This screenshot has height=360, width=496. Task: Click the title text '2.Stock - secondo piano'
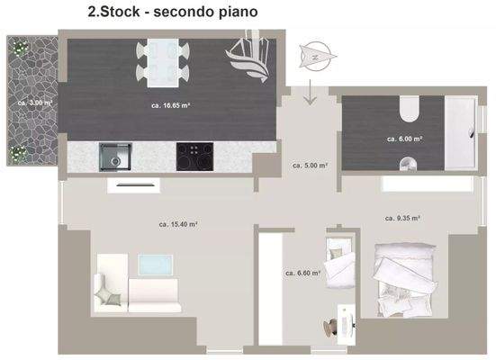point(172,13)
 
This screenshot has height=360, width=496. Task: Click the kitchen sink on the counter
point(115,157)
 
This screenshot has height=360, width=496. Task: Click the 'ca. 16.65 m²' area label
point(170,105)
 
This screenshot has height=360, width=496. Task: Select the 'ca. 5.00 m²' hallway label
point(310,166)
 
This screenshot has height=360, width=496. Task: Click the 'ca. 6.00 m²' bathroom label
point(405,139)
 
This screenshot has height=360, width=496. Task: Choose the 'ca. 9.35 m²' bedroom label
point(403,218)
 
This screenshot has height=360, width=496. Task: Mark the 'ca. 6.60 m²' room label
point(302,272)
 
